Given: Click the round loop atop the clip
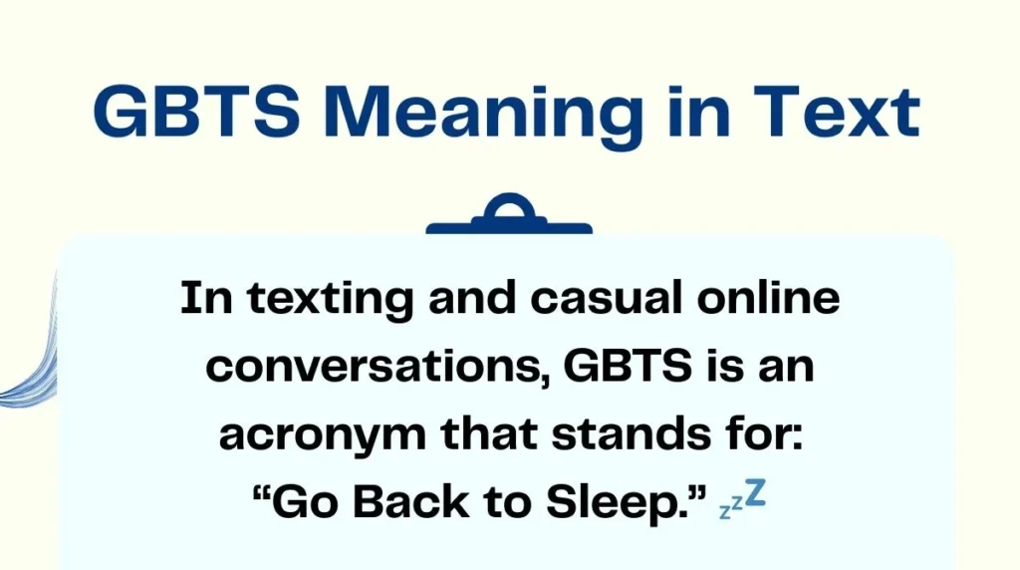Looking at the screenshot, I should (509, 205).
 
